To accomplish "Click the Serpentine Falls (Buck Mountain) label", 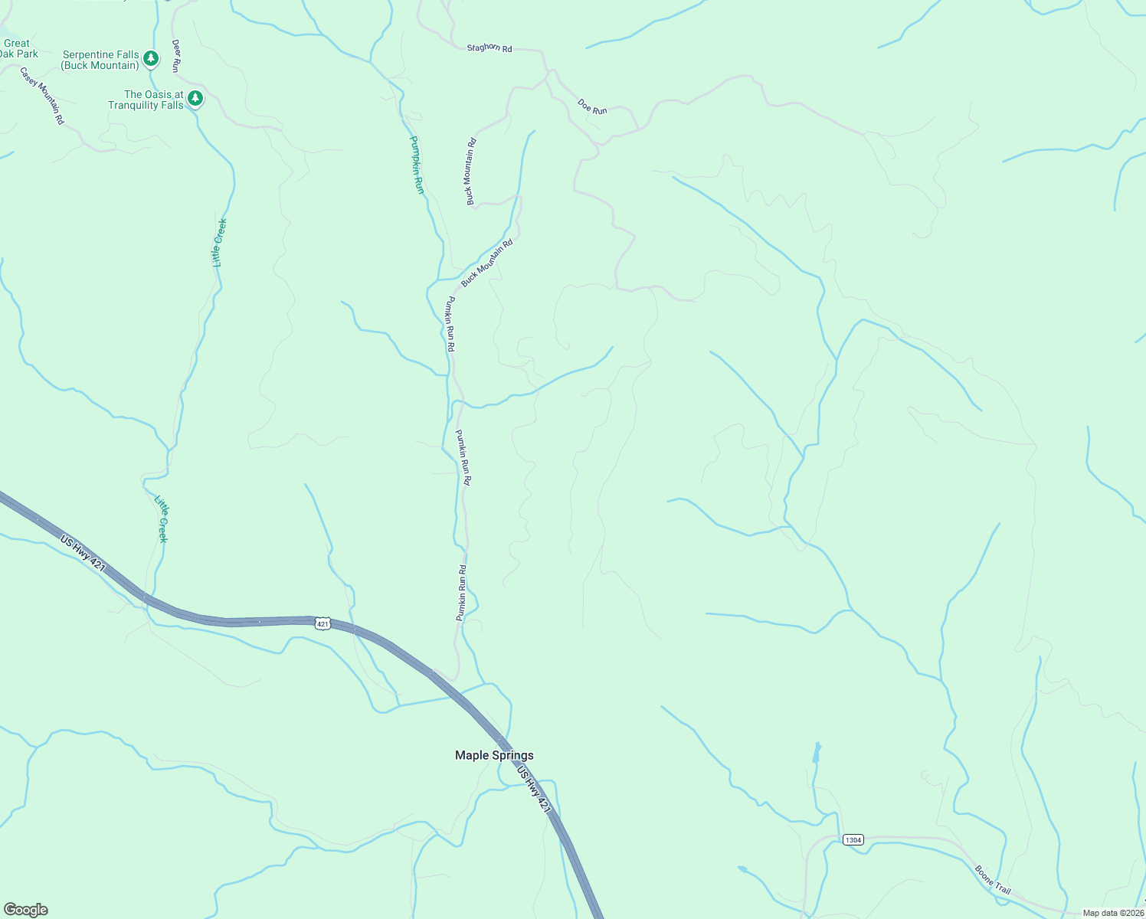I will coord(101,61).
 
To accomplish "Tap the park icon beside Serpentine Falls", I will coord(152,58).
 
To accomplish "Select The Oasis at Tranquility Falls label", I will coord(146,100).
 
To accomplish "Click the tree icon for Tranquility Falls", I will coord(195,98).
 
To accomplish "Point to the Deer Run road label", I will coord(175,56).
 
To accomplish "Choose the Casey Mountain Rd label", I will coord(42,96).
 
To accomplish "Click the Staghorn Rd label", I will coord(489,47).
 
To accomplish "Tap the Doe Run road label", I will coord(592,106).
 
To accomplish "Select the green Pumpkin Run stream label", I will coord(416,165).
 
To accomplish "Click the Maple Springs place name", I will coord(494,755).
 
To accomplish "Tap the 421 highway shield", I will coord(323,624).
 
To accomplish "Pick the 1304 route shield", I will coord(853,840).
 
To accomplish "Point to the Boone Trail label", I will coord(993,880).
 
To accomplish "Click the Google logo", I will coord(25,910).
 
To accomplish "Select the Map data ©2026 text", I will coord(1112,913).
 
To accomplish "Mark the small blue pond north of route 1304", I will coord(817,752).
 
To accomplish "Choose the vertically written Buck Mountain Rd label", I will coord(471,172).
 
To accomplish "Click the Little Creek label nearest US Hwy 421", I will coord(162,519).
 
